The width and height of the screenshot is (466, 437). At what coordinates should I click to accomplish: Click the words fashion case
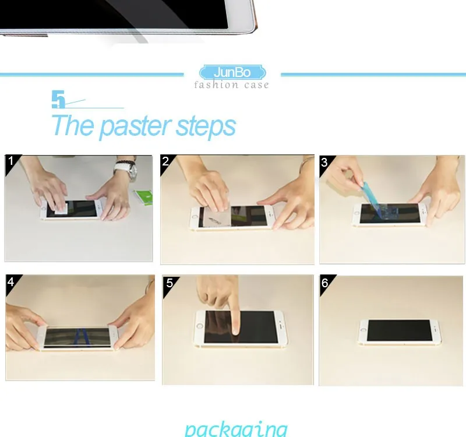232,85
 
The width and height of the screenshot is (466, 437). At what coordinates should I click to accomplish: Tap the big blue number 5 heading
58,100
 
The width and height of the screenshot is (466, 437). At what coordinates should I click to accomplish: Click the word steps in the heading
206,126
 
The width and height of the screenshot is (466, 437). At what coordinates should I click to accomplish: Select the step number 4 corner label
10,281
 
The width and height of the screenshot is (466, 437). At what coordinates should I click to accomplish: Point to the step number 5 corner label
170,283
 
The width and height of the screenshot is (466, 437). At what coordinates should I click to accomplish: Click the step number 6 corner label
324,283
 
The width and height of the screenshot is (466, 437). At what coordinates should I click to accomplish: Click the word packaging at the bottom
235,428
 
